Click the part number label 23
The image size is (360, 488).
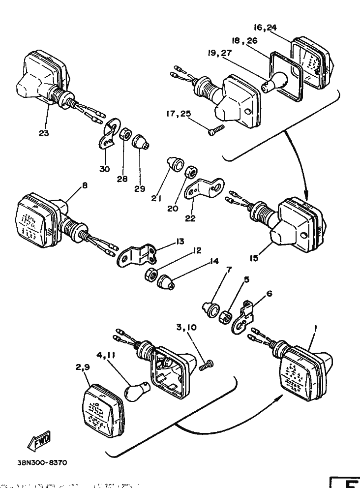(44, 133)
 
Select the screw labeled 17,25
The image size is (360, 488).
(215, 130)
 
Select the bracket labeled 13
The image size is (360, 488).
(138, 255)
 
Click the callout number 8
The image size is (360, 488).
(84, 186)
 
